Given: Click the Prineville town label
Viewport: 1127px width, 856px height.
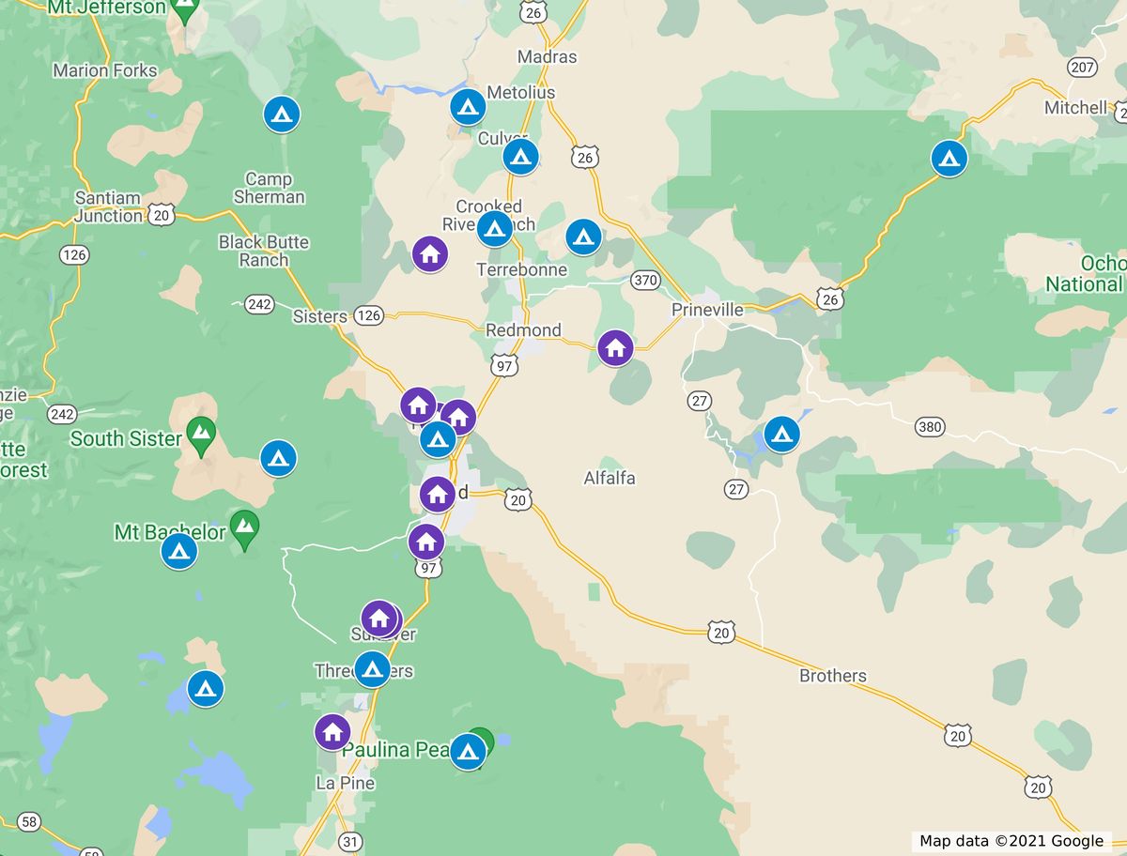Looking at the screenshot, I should pyautogui.click(x=707, y=310).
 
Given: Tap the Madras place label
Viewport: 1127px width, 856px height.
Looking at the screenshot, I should pyautogui.click(x=547, y=57).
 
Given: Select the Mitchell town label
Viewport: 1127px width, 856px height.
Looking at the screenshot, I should pyautogui.click(x=1075, y=108).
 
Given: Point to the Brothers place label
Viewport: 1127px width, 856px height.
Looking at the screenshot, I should pyautogui.click(x=833, y=676).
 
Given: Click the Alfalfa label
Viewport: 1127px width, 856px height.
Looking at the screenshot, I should pyautogui.click(x=610, y=478).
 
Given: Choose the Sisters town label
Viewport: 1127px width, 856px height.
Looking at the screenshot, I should pyautogui.click(x=319, y=316).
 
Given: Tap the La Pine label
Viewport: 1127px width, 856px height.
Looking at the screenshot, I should pyautogui.click(x=345, y=783).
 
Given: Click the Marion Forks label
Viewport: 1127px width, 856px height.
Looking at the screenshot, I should pyautogui.click(x=105, y=70).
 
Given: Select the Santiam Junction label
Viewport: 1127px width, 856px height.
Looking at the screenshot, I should pyautogui.click(x=108, y=206).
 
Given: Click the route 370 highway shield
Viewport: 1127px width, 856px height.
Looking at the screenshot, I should pyautogui.click(x=645, y=280).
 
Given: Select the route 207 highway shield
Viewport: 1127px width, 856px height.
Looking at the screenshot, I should pyautogui.click(x=1082, y=68).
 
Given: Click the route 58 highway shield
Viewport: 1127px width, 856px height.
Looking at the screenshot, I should pyautogui.click(x=29, y=822).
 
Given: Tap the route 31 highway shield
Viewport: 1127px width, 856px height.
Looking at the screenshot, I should pyautogui.click(x=349, y=842).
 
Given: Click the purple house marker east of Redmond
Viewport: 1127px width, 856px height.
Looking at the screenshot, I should pyautogui.click(x=615, y=347).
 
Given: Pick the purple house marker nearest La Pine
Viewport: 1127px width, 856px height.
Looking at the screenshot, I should pyautogui.click(x=332, y=731).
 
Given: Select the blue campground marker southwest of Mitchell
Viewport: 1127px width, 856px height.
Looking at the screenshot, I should pyautogui.click(x=949, y=158).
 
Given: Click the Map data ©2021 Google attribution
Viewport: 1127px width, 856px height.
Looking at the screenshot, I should pyautogui.click(x=1011, y=841).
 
